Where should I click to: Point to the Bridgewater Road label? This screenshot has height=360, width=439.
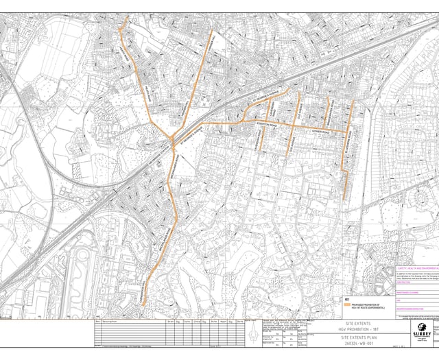[x=331, y=110]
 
